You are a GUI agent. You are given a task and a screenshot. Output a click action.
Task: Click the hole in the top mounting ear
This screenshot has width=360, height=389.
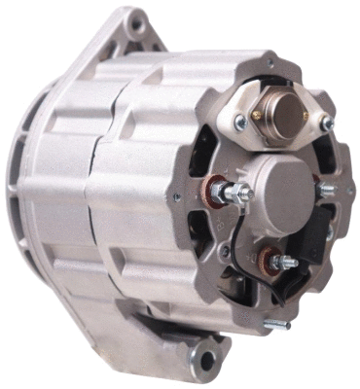(x=136, y=21)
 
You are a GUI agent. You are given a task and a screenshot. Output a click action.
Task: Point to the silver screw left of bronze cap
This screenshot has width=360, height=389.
(x=238, y=121)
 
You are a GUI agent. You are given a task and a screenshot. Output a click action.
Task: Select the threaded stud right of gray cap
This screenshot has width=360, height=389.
(x=325, y=190)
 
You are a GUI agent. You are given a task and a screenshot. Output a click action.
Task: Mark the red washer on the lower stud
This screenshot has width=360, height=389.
(x=266, y=260)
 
